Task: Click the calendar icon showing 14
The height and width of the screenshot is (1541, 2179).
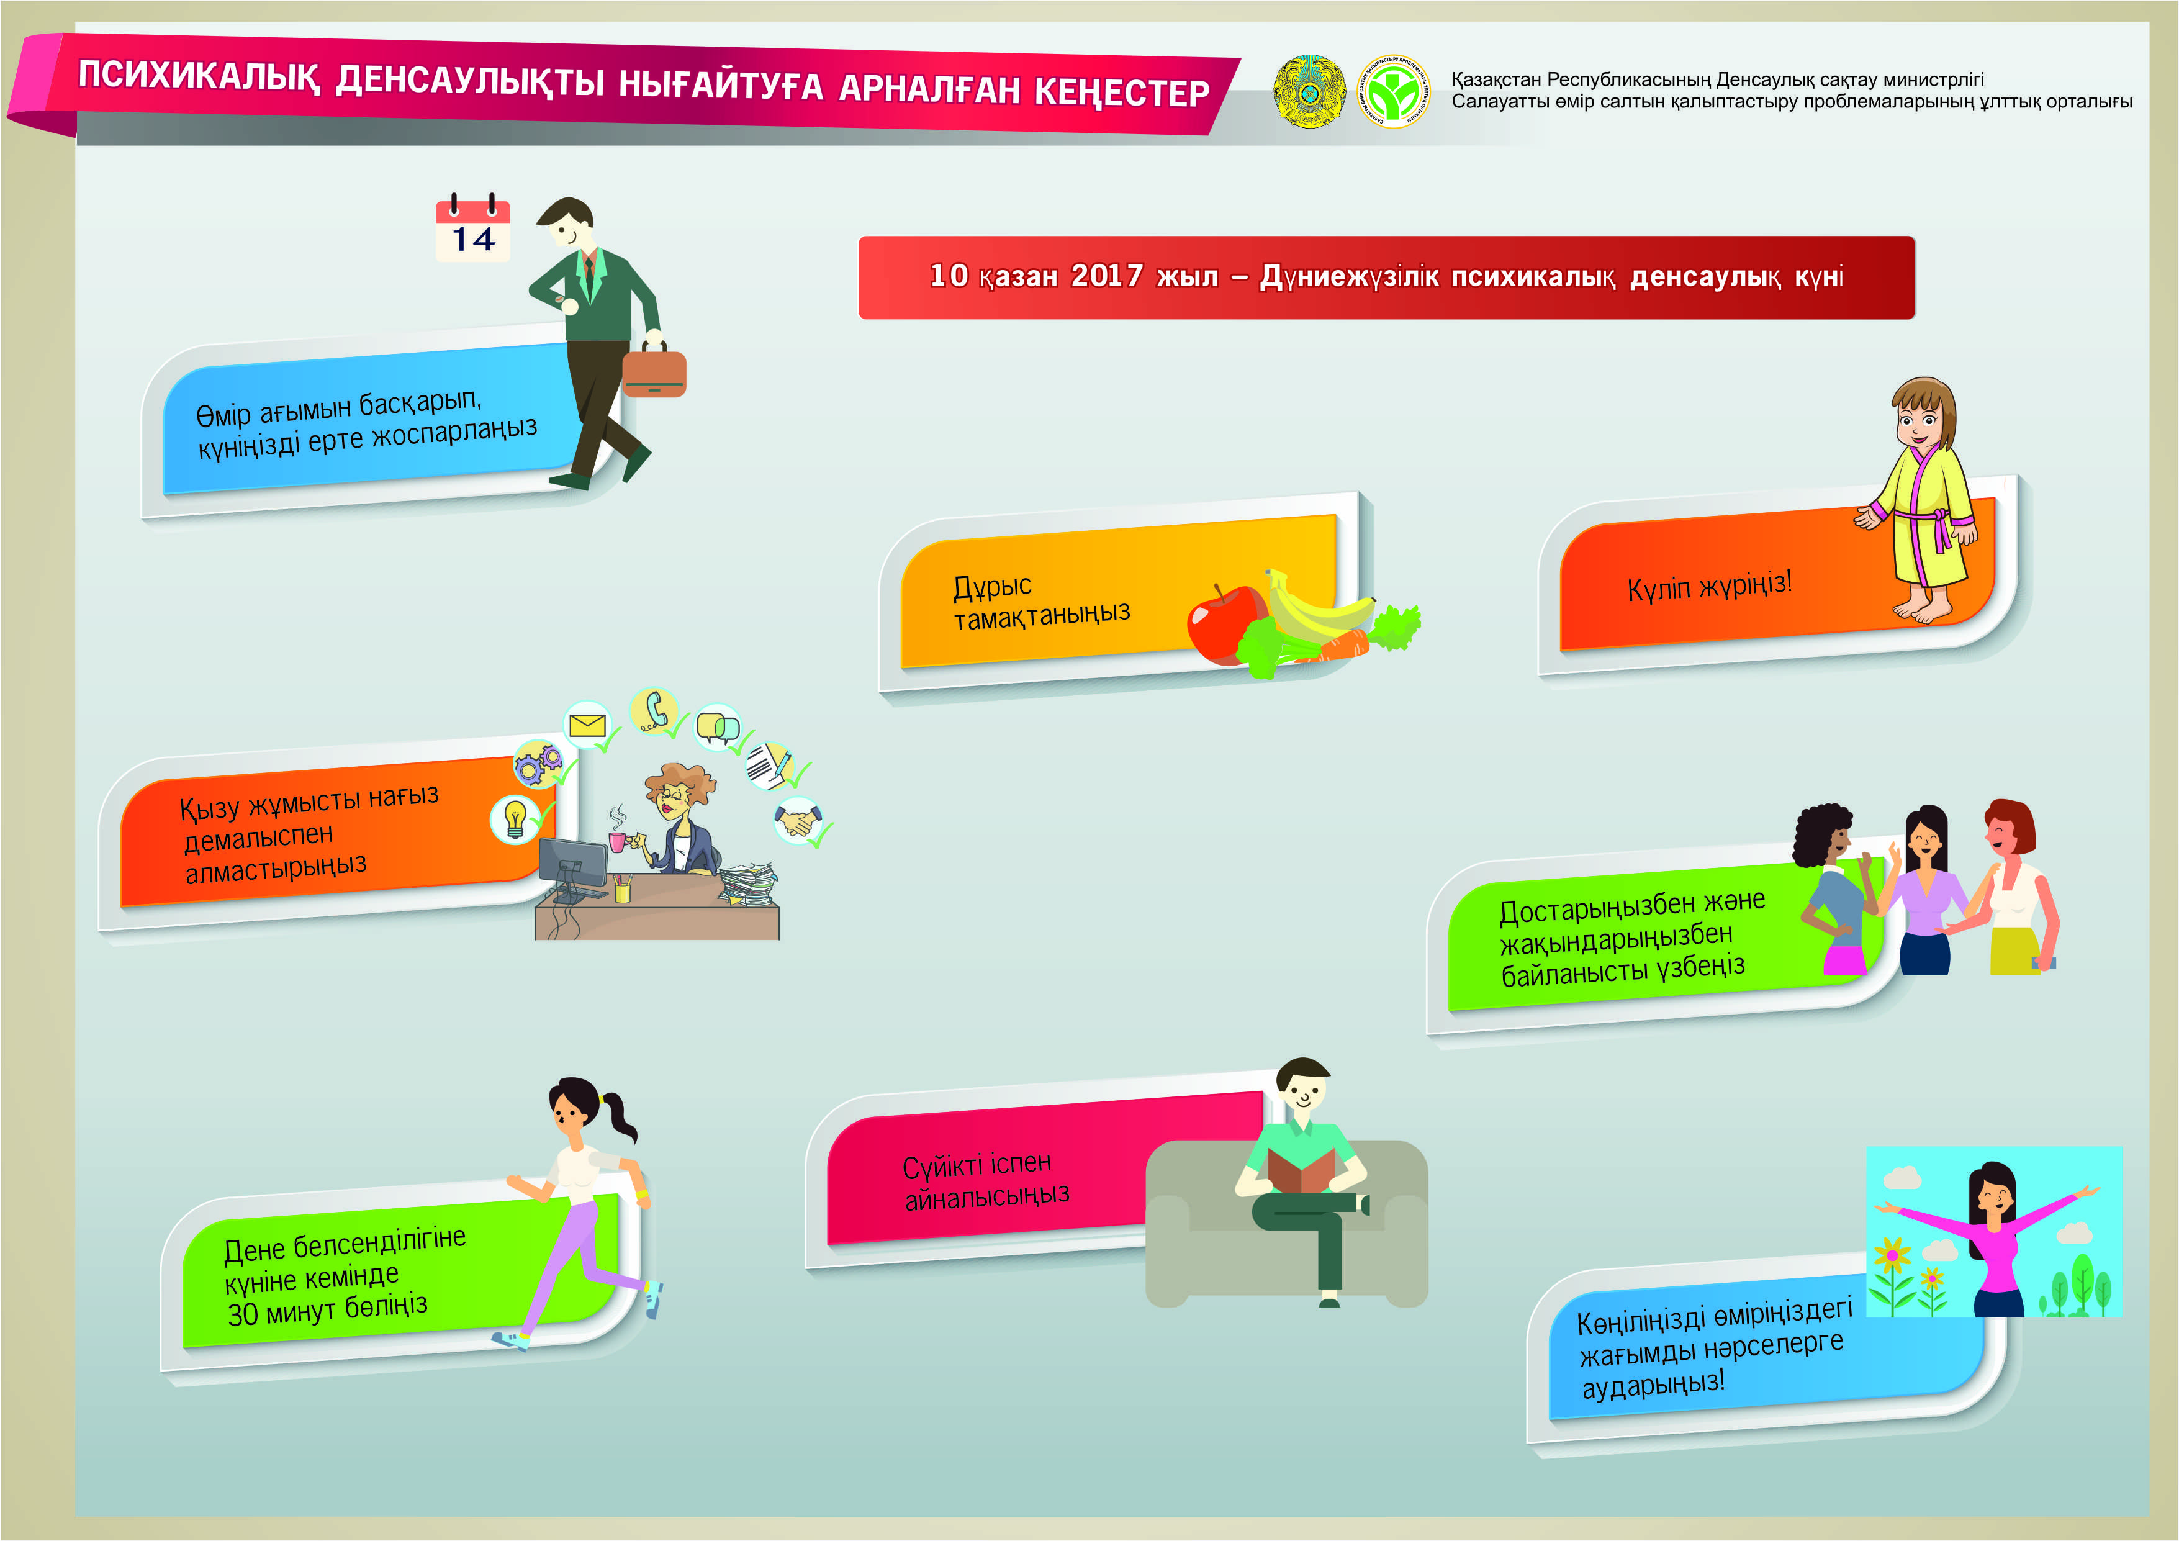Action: pos(472,228)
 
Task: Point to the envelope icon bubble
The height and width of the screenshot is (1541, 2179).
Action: pos(587,726)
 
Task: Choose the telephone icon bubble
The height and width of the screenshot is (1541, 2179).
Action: pos(654,711)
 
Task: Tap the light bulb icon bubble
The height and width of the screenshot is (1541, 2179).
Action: pos(515,818)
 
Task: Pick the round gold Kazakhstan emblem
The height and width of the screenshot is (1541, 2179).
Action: pos(1310,91)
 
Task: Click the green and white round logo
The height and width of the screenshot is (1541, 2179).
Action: pos(1393,91)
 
